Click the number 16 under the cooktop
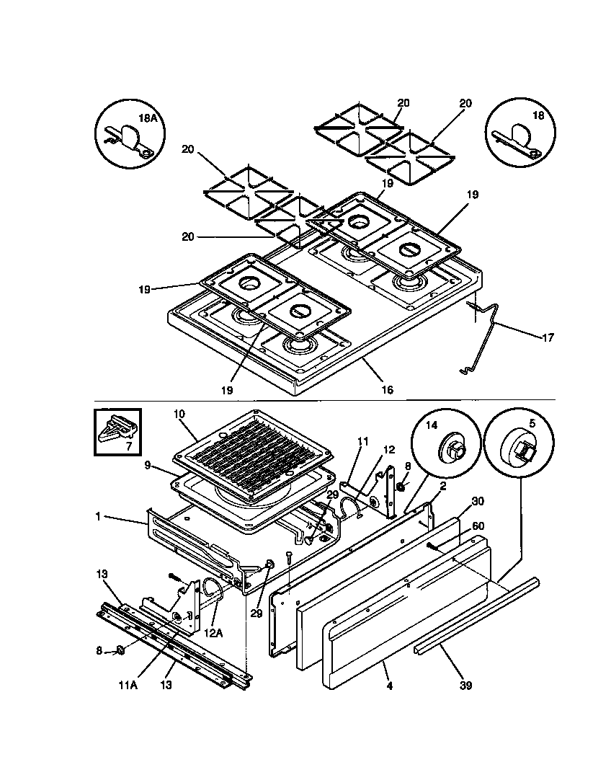pyautogui.click(x=387, y=390)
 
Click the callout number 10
pyautogui.click(x=179, y=415)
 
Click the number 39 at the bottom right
pyautogui.click(x=466, y=686)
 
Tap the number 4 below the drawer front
pyautogui.click(x=389, y=686)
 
